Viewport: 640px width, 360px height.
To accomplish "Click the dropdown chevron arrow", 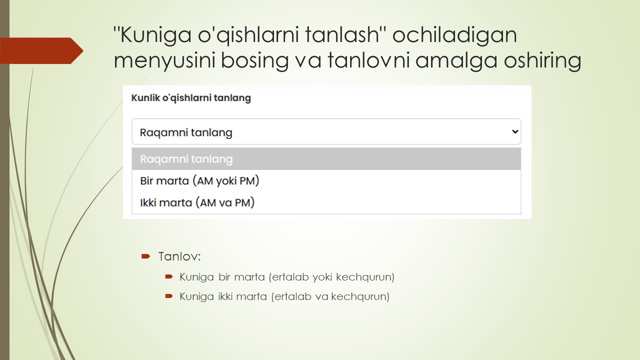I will (x=515, y=132).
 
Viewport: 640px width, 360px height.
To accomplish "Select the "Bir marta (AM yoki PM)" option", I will (x=199, y=181).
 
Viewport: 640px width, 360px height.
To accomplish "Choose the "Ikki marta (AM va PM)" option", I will (x=197, y=203).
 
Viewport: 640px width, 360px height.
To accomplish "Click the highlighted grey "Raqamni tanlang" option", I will (x=186, y=159).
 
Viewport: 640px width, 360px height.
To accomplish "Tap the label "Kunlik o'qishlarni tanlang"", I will (x=191, y=98).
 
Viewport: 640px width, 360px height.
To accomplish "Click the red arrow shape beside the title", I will (x=42, y=50).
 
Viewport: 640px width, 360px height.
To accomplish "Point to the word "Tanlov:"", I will (x=179, y=256).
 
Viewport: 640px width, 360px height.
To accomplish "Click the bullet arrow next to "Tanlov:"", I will (x=145, y=256).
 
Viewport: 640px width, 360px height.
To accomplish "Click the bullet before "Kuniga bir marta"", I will (x=169, y=276).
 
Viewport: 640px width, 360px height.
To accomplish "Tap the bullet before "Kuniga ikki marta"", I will (x=169, y=296).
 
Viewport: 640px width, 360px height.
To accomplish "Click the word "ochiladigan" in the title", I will (x=455, y=36).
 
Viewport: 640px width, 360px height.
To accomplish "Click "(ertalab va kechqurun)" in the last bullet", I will (x=330, y=296).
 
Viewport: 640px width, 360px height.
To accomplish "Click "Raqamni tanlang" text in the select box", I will (x=186, y=132).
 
